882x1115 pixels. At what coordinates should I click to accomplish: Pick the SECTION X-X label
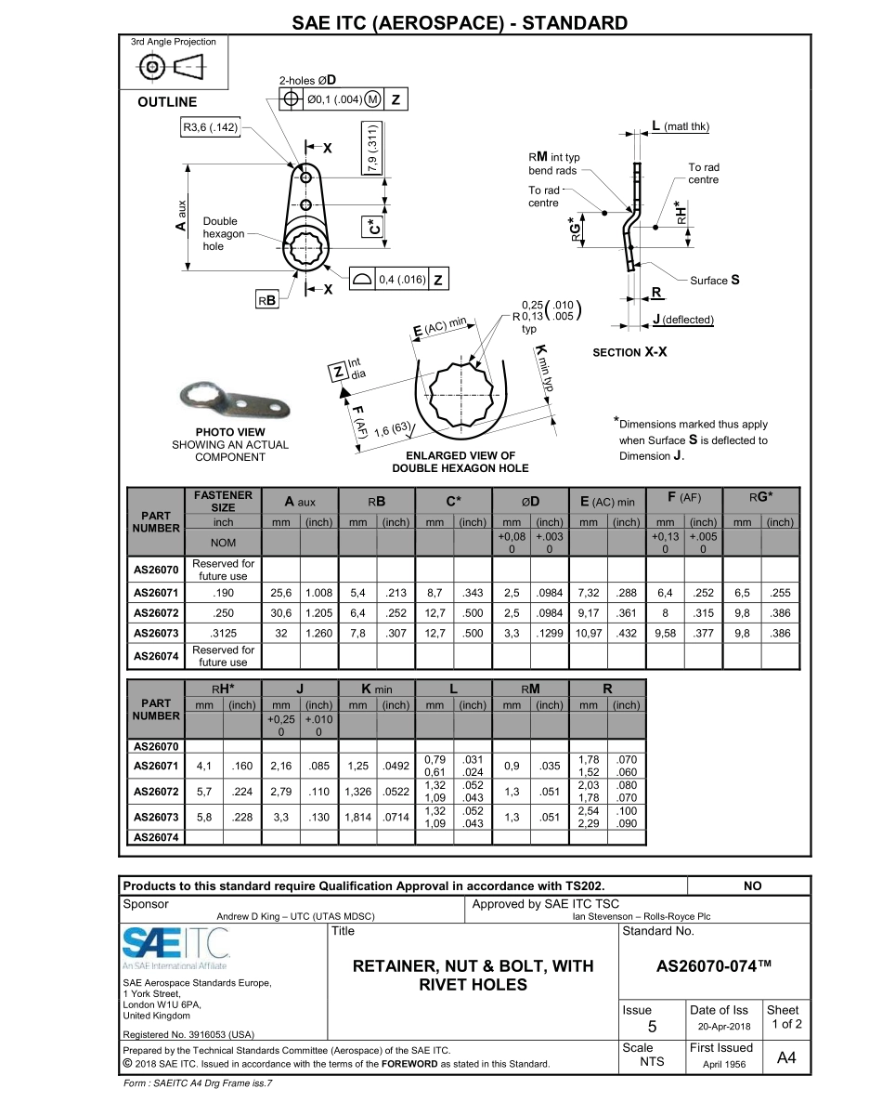[x=629, y=353]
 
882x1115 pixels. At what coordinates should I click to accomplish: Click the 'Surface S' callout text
[x=714, y=280]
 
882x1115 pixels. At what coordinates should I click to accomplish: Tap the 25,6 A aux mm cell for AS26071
[x=280, y=592]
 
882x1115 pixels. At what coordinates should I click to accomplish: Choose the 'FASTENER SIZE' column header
[x=223, y=501]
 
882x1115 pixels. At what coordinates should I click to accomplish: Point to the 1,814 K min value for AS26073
[x=357, y=817]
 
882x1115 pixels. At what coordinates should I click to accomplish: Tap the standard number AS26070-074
[x=714, y=965]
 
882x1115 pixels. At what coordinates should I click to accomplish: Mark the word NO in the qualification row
[x=753, y=885]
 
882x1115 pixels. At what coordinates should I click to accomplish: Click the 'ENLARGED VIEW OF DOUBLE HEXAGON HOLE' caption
[x=460, y=462]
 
